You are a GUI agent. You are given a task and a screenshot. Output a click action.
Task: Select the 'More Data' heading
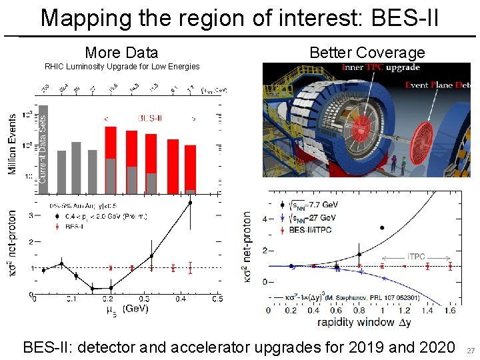121,53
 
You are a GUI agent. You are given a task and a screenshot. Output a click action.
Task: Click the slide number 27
471,351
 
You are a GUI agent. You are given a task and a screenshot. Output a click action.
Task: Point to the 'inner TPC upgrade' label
381,68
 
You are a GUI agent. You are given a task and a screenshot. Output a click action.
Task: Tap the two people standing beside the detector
398,162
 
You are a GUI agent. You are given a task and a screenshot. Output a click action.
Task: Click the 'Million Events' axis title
12,143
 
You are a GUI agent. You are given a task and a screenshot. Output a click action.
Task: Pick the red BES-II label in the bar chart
149,117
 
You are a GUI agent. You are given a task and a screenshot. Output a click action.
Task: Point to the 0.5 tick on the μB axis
217,299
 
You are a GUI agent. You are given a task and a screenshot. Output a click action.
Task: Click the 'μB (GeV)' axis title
127,309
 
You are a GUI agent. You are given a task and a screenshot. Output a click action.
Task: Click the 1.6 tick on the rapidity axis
451,310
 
